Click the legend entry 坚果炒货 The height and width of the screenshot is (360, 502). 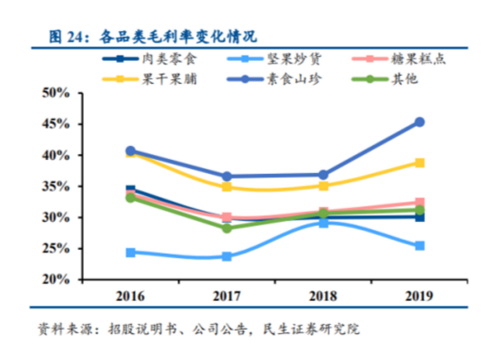299,60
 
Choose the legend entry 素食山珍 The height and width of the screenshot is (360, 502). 299,79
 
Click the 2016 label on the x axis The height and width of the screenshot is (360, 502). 131,294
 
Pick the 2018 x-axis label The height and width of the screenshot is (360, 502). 323,294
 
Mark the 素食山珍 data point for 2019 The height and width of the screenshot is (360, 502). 420,122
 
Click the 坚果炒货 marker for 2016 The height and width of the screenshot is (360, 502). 131,252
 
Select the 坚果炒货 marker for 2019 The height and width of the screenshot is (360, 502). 420,246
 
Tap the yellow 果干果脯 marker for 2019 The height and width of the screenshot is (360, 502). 420,162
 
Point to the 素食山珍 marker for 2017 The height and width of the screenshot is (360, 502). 227,176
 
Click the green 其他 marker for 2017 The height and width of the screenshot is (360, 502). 227,228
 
